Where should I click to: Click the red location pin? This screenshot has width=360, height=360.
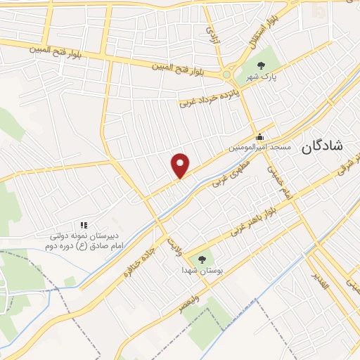click(x=181, y=165)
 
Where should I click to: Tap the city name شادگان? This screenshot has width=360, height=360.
click(x=321, y=146)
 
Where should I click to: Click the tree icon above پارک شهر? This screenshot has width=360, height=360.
click(x=262, y=65)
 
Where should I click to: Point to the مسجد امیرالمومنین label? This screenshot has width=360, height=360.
click(x=259, y=148)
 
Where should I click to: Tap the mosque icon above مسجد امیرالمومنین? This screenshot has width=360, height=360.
click(x=260, y=136)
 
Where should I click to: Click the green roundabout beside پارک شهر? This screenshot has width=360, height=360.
click(x=227, y=75)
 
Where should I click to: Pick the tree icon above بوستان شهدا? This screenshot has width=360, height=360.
click(x=204, y=258)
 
